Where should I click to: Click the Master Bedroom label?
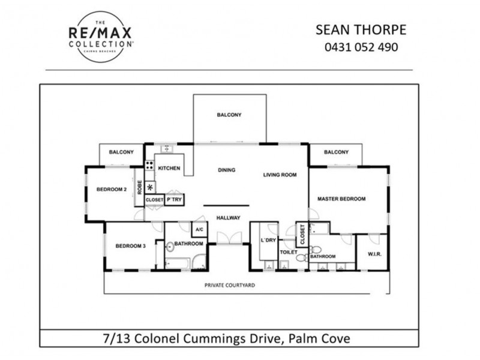pos(341,199)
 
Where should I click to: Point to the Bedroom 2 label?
pos(112,190)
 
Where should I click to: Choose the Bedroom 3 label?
pos(131,245)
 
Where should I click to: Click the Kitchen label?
pos(169,169)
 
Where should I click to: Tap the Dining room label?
pos(226,170)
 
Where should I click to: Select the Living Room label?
pos(280,175)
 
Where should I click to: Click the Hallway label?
pos(229,218)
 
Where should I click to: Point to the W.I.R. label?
pos(375,254)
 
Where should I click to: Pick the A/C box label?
pos(199,229)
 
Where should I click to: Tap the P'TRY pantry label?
pos(174,199)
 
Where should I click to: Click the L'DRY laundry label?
pos(268,241)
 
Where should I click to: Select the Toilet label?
pos(289,253)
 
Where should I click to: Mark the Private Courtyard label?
pos(230,285)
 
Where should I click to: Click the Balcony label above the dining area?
pos(229,115)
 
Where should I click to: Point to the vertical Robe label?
pos(139,189)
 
